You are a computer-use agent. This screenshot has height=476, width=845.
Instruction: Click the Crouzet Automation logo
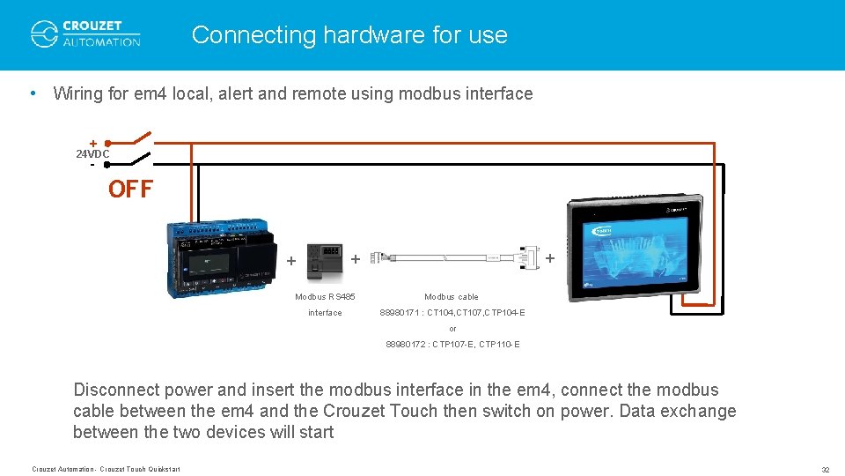(x=85, y=33)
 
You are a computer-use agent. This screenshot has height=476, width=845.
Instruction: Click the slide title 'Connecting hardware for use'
(x=349, y=35)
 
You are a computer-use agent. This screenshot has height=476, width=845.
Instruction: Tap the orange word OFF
(x=130, y=190)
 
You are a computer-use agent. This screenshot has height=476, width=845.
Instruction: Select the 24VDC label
(x=92, y=153)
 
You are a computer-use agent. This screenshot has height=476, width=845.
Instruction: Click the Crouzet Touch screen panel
(x=633, y=243)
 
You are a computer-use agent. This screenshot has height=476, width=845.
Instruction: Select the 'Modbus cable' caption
(x=451, y=297)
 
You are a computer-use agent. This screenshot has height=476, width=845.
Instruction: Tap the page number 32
(x=825, y=469)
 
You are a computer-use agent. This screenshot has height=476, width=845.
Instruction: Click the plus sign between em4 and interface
(x=291, y=261)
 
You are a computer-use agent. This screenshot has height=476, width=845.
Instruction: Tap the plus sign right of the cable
(x=550, y=258)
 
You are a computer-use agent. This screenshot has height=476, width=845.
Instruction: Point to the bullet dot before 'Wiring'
(x=33, y=93)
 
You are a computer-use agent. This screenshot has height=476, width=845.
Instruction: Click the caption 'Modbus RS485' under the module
(x=325, y=297)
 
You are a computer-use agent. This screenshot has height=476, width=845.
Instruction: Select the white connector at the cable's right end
(x=528, y=257)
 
